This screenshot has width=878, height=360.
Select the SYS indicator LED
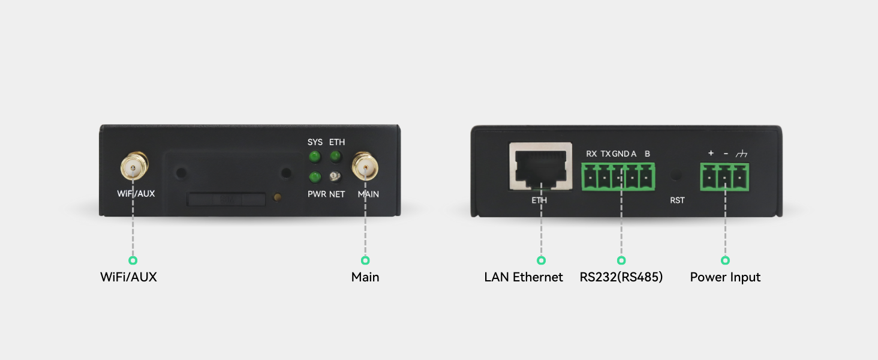tap(314, 157)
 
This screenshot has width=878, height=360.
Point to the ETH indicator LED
tap(335, 157)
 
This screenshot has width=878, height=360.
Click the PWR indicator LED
tap(314, 177)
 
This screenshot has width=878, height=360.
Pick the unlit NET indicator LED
tap(335, 177)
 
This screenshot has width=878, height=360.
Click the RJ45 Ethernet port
tap(540, 166)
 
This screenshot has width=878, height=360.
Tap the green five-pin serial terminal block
tap(618, 176)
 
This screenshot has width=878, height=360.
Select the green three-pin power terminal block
tap(724, 177)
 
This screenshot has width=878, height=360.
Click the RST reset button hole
tap(676, 175)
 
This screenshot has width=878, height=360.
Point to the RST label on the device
tap(677, 200)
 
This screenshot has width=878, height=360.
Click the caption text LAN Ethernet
tap(524, 277)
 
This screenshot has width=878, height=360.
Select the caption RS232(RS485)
tap(621, 277)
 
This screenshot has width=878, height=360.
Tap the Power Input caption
tap(725, 278)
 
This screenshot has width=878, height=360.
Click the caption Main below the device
tap(365, 277)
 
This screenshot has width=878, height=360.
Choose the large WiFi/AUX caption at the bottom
tap(128, 277)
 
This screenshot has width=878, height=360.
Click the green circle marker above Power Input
tap(725, 260)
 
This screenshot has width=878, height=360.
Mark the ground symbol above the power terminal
tap(741, 154)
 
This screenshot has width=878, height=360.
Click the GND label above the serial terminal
tap(621, 154)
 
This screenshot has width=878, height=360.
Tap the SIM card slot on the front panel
tap(226, 199)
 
